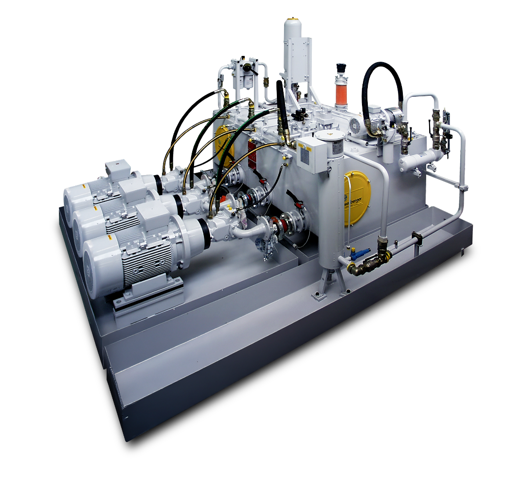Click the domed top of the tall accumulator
coord(292,24)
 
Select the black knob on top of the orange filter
coord(341,68)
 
